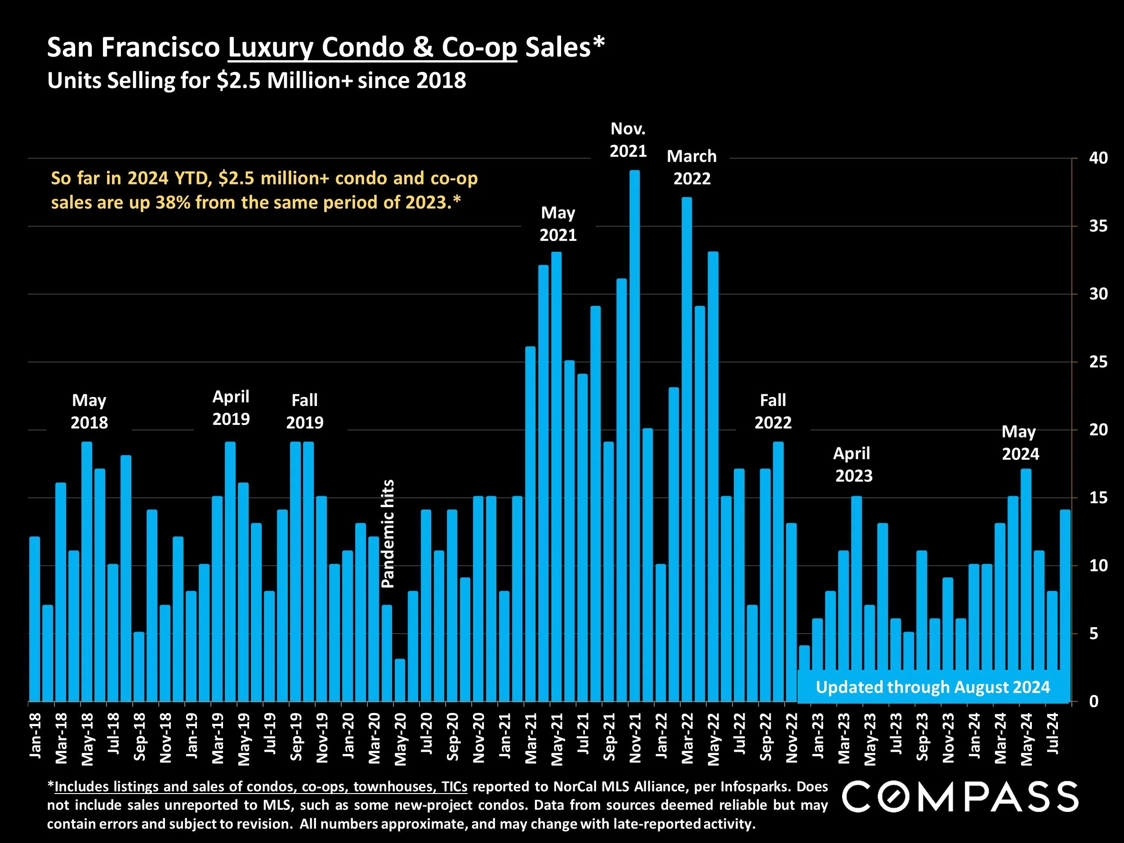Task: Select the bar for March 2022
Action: click(x=687, y=449)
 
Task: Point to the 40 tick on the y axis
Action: click(x=1098, y=158)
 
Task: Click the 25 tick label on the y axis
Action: click(x=1098, y=362)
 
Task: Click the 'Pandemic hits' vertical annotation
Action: click(x=388, y=534)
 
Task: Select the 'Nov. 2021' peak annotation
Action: click(x=628, y=140)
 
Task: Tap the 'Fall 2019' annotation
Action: click(x=304, y=411)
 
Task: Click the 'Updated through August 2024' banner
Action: click(x=932, y=687)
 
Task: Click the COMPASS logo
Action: click(x=960, y=797)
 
